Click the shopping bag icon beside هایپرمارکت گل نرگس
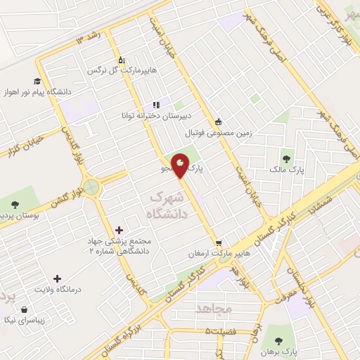(122, 60)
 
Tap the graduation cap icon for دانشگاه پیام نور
(38, 81)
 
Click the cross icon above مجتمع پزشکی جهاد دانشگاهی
(118, 230)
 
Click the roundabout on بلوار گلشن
(90, 187)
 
